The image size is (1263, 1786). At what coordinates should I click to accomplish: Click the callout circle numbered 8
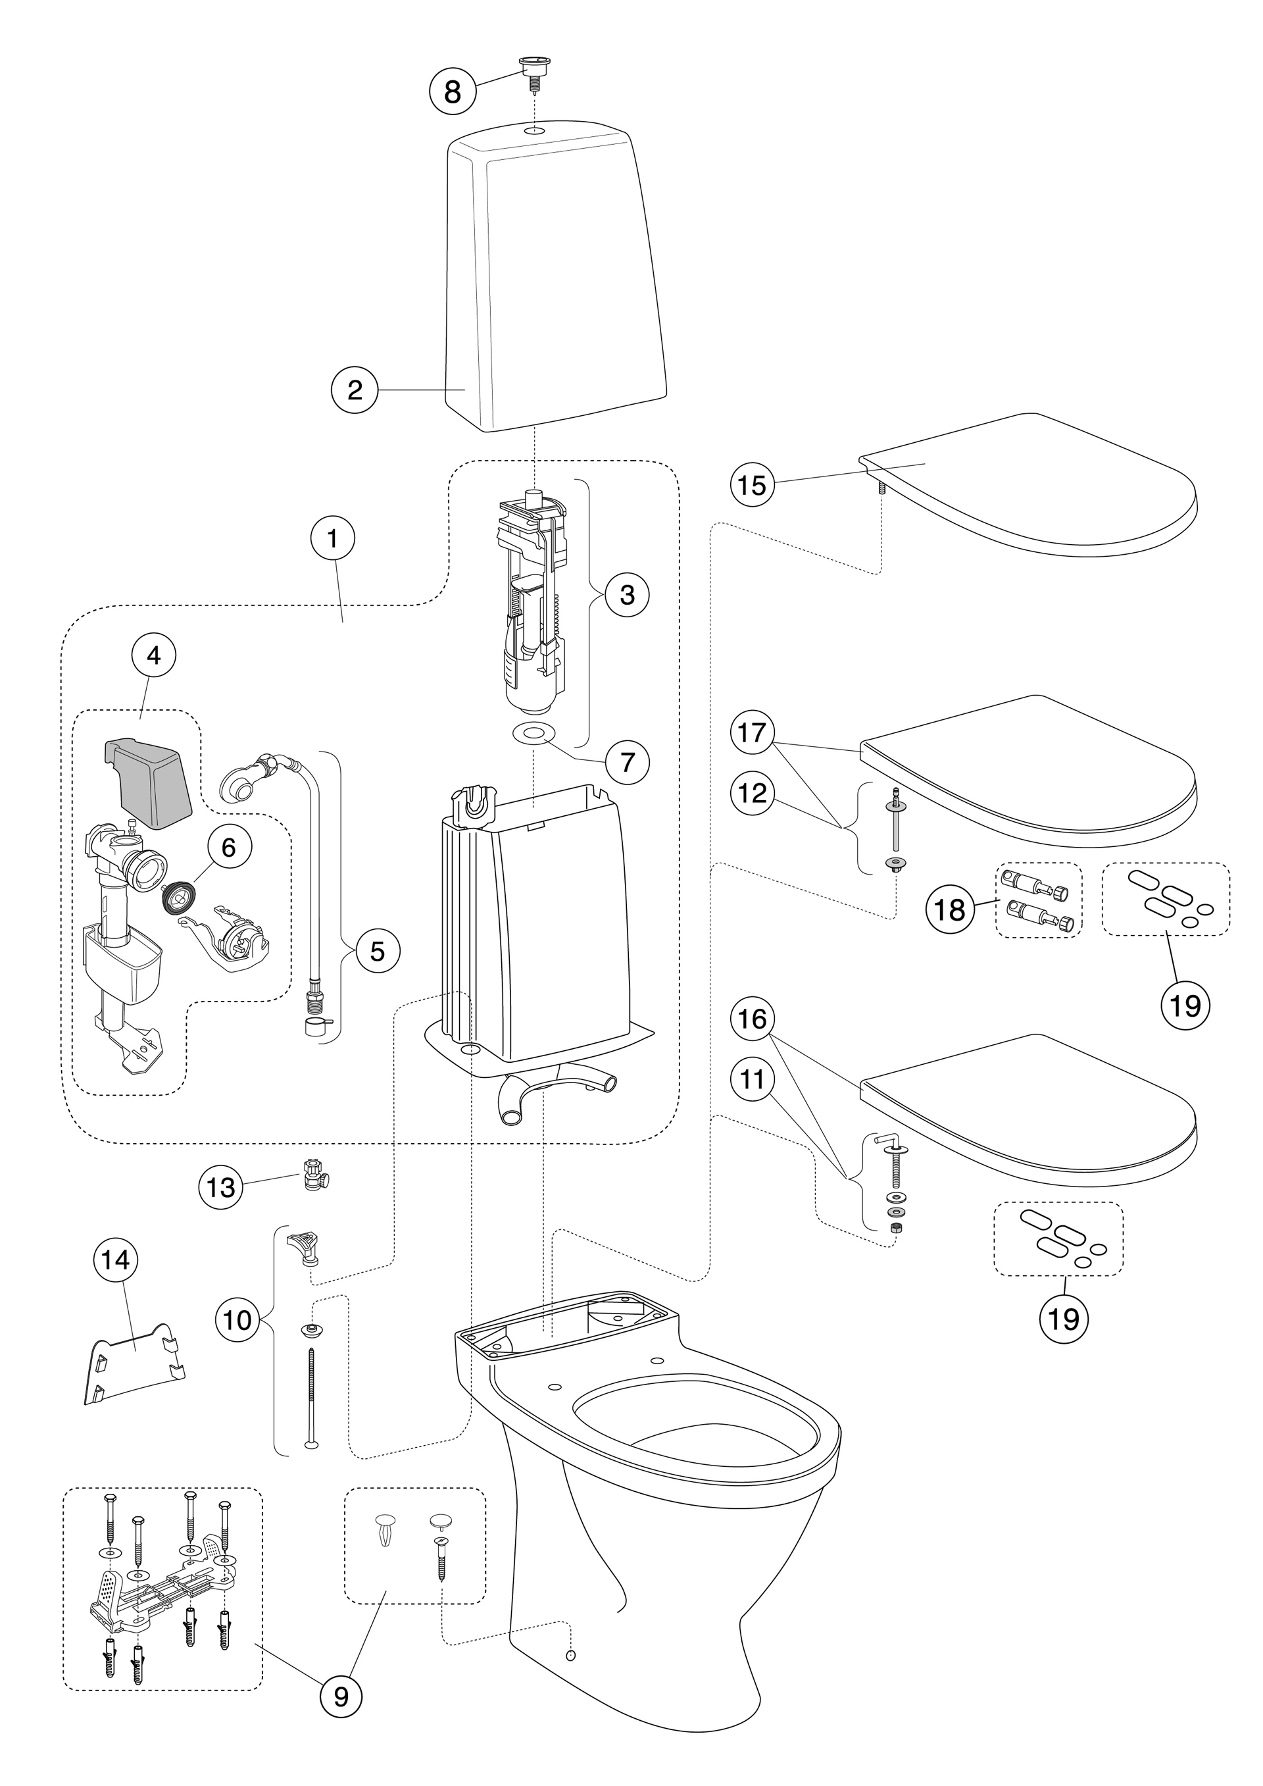(x=452, y=91)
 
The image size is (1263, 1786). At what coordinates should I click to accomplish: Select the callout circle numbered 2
(x=355, y=390)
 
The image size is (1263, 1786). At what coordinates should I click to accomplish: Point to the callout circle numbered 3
(x=627, y=595)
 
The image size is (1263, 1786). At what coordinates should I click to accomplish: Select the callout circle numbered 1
(x=332, y=538)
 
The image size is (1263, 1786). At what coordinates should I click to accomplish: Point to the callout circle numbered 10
(x=238, y=1321)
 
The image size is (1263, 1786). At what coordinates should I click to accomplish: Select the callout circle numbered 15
(x=753, y=486)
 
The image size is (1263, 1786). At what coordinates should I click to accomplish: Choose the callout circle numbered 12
(x=753, y=794)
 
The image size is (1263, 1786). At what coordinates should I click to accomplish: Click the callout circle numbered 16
(x=753, y=1019)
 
